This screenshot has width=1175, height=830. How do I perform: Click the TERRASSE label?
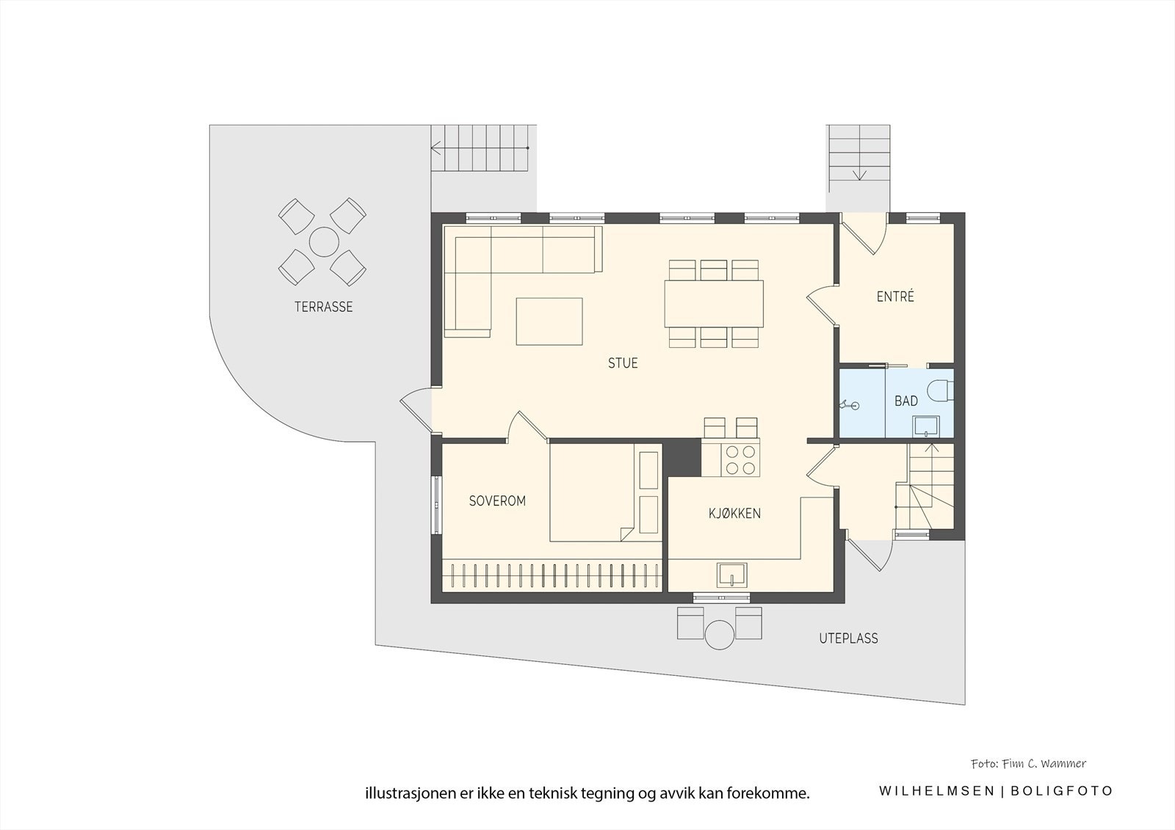(x=324, y=307)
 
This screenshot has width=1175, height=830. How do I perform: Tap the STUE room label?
(x=623, y=363)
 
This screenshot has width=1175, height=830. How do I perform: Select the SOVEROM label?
(x=497, y=501)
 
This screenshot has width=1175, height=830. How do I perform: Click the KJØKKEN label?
(x=734, y=514)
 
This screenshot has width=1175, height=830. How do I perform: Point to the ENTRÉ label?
(x=895, y=297)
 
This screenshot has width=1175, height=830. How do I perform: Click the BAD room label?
(x=905, y=401)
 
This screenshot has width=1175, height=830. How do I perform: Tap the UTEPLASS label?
(x=848, y=638)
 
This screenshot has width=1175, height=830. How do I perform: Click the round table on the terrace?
(x=322, y=241)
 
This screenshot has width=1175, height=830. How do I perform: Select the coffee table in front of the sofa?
(x=549, y=321)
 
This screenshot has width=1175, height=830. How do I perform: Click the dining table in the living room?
(x=713, y=304)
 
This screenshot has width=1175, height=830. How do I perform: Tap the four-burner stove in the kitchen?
(x=740, y=459)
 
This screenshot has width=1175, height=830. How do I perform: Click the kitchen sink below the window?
(x=732, y=575)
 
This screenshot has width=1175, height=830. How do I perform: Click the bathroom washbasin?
(x=925, y=426)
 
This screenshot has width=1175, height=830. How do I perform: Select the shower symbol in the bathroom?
(x=850, y=404)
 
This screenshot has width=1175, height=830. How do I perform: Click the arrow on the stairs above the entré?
(x=859, y=173)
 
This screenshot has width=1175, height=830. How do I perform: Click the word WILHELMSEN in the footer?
(x=937, y=791)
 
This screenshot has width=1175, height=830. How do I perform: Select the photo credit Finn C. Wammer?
(x=1027, y=764)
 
